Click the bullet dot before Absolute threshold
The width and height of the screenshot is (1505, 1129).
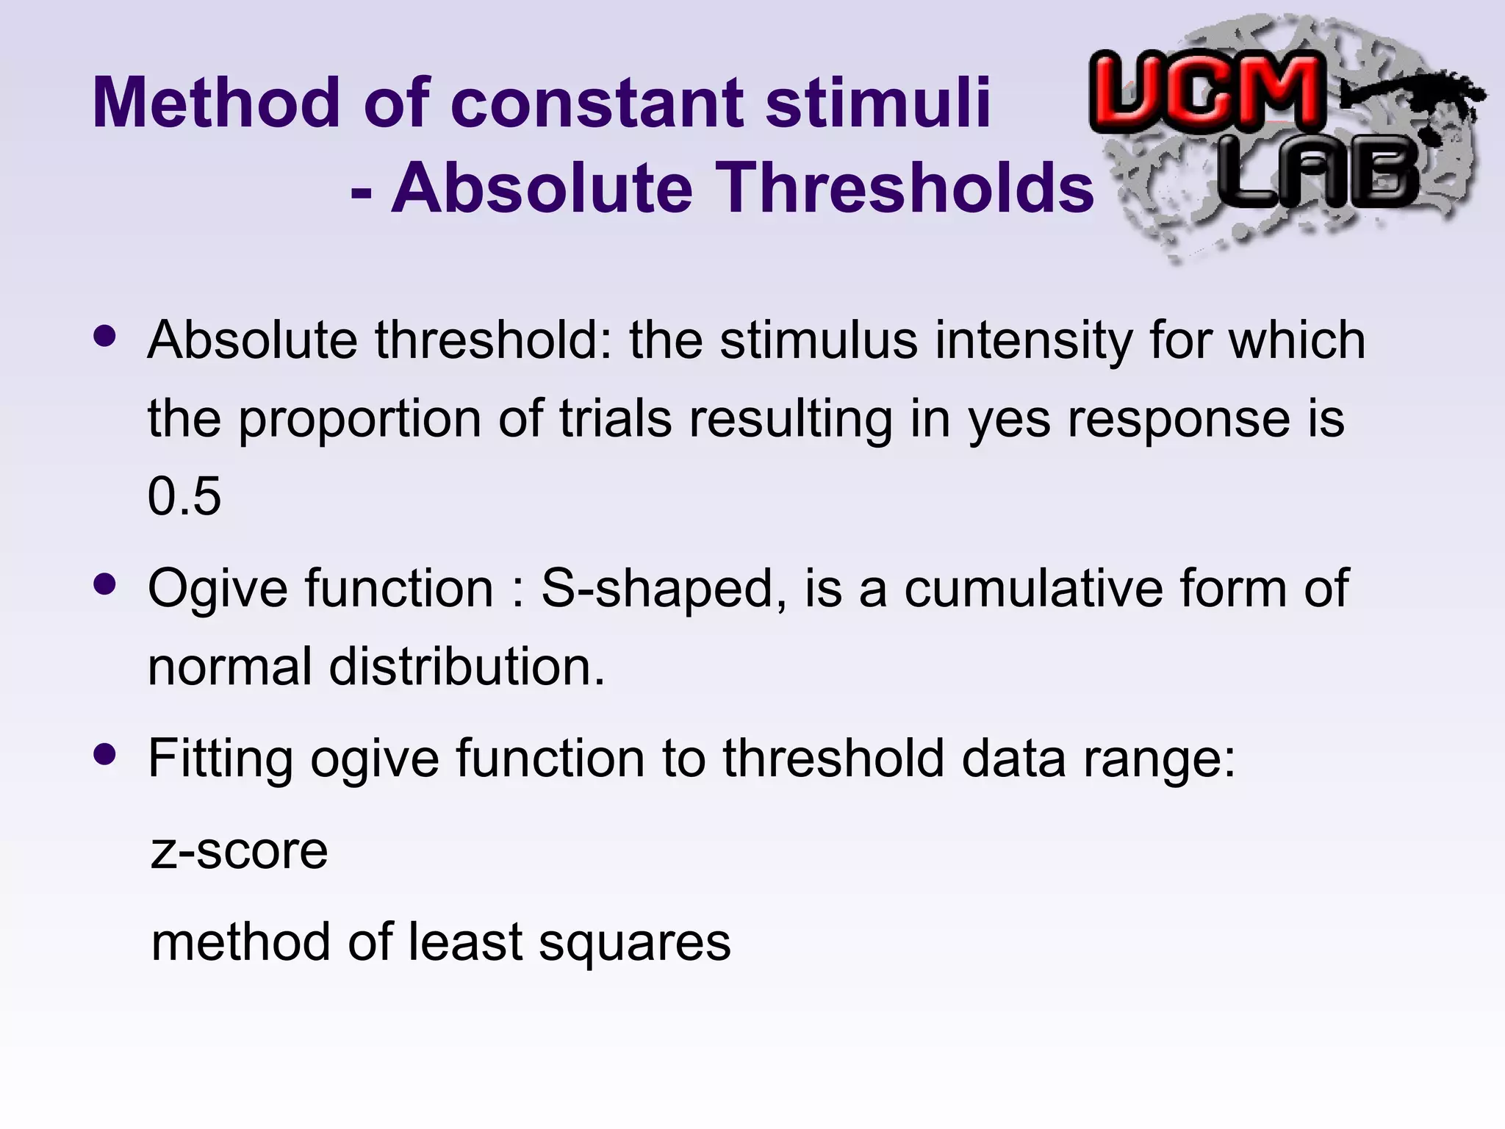(x=105, y=336)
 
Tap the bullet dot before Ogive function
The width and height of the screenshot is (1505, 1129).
(x=105, y=584)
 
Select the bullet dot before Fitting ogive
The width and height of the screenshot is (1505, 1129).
(x=105, y=754)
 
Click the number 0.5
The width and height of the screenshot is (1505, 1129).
(x=184, y=496)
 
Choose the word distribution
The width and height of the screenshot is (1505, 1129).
(x=466, y=667)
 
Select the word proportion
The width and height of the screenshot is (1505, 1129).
(x=359, y=420)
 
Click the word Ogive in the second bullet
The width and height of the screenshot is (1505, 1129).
(x=218, y=589)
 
